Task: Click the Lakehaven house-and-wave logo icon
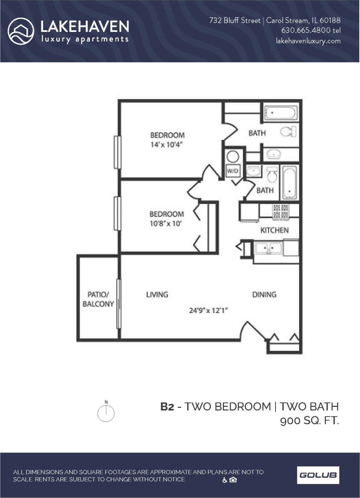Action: tap(21, 31)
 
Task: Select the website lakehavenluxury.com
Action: tap(308, 41)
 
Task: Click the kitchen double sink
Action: tap(268, 248)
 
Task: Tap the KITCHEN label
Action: tap(274, 230)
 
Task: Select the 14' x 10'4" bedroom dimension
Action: tap(167, 145)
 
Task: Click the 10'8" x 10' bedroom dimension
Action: tap(166, 224)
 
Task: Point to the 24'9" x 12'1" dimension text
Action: tap(209, 310)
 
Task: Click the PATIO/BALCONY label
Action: tap(98, 299)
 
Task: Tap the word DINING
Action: tap(264, 294)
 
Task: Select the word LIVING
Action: tap(157, 294)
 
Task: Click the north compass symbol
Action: tap(106, 413)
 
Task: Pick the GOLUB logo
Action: tap(318, 475)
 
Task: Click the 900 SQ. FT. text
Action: tap(309, 421)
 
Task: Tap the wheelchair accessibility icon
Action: tap(225, 480)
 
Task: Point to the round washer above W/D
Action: tap(233, 157)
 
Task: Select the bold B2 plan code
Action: tap(167, 406)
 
